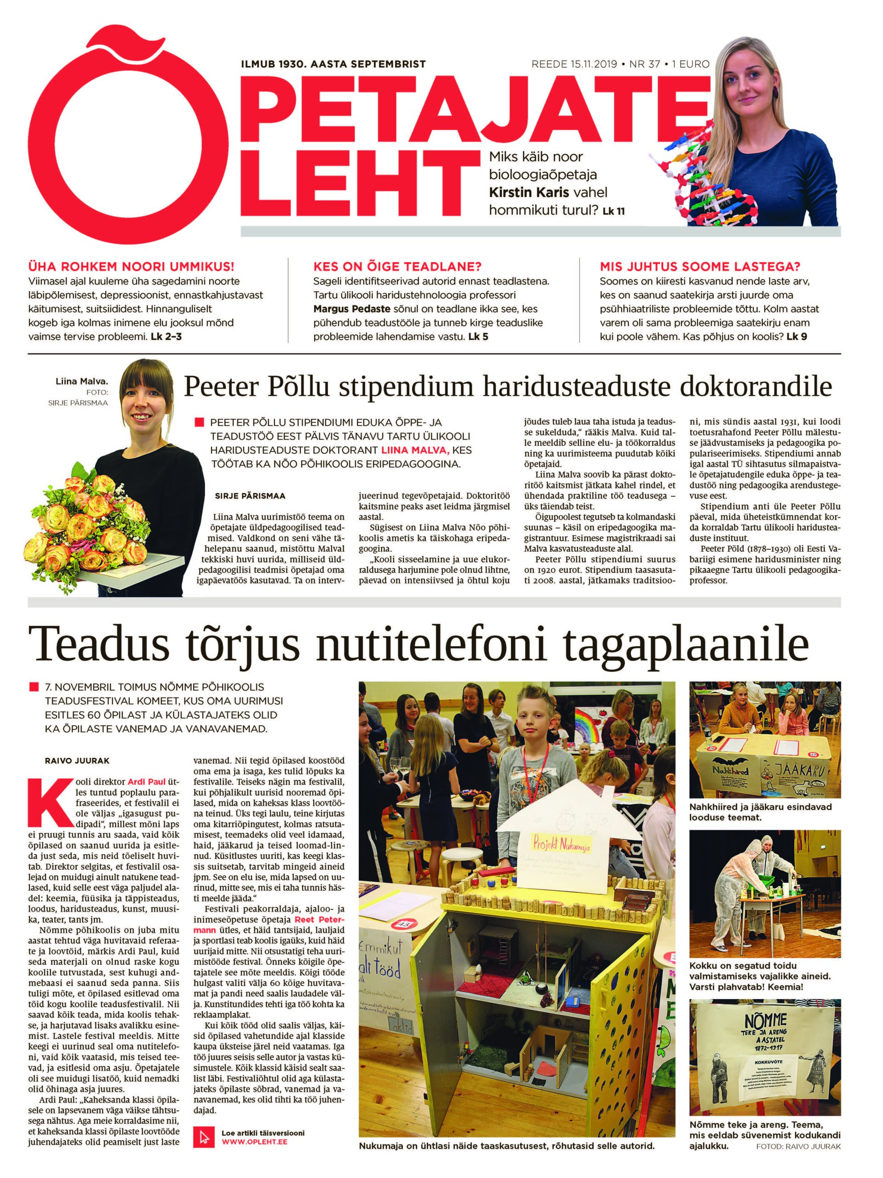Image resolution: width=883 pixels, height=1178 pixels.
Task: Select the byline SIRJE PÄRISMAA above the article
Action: coord(250,496)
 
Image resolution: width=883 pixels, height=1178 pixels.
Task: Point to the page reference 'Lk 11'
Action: coord(614,211)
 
